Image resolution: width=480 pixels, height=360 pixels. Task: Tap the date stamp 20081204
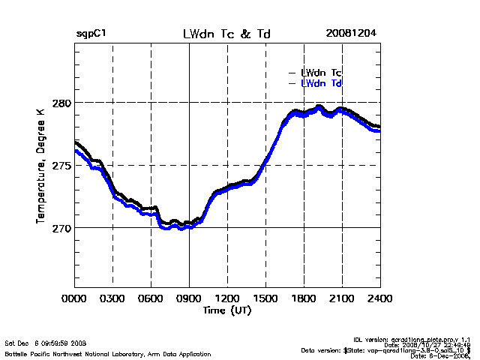351,34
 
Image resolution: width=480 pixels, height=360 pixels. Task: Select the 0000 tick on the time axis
74,298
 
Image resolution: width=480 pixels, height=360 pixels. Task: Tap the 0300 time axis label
112,298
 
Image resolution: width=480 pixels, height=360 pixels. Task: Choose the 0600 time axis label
151,298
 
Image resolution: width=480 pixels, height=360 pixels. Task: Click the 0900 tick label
189,298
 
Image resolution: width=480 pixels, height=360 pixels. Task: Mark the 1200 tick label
227,298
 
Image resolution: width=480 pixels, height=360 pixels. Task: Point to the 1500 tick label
265,298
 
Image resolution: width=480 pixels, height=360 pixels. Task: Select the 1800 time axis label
304,298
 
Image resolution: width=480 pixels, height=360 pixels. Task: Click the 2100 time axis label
342,298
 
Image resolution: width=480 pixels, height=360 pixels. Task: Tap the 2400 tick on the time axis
380,298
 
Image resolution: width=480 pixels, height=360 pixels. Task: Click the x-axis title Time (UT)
226,310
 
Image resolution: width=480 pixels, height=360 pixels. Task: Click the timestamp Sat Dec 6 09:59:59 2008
45,343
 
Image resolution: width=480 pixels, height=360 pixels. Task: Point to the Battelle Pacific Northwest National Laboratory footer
107,353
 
